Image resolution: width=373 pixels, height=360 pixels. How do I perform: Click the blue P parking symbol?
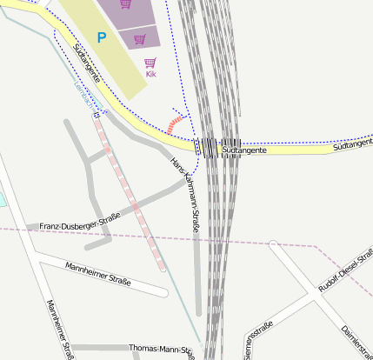(102, 37)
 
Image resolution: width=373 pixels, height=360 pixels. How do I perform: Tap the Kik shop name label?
(150, 74)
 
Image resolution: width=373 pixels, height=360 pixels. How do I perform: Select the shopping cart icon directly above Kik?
(150, 63)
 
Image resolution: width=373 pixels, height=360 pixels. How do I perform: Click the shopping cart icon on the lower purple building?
(139, 38)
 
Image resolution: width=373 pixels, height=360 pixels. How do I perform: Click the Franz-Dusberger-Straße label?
(79, 225)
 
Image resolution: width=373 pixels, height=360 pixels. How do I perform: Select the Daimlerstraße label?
(357, 342)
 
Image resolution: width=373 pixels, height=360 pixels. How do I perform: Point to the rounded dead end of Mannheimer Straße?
(163, 291)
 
